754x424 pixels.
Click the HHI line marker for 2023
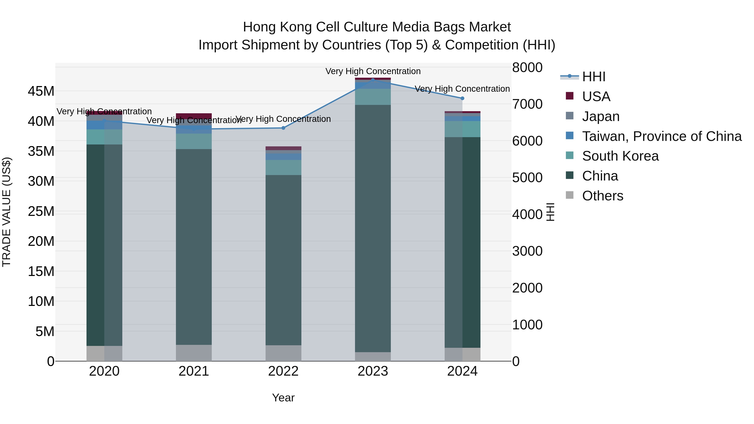click(x=373, y=80)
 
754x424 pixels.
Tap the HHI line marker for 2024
click(x=462, y=98)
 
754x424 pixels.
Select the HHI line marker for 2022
click(x=283, y=128)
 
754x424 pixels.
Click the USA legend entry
click(x=596, y=97)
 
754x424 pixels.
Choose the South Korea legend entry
click(x=620, y=156)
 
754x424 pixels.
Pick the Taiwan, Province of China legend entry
click(x=661, y=136)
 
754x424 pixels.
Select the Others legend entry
click(x=602, y=196)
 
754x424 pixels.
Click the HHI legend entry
click(x=594, y=77)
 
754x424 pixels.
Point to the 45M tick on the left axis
click(x=41, y=91)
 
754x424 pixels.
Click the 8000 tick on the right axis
click(x=527, y=67)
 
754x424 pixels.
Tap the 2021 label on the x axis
click(x=194, y=371)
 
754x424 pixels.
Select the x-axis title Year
click(x=283, y=398)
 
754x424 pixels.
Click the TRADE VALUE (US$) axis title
click(x=6, y=212)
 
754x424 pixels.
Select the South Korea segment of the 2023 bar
click(x=373, y=97)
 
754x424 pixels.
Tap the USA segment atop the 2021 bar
click(x=194, y=116)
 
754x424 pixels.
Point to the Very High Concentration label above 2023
click(x=373, y=71)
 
